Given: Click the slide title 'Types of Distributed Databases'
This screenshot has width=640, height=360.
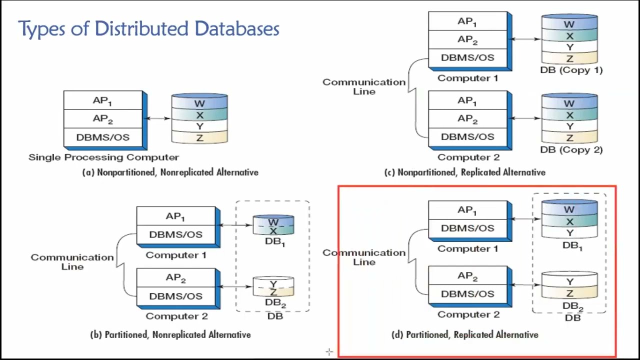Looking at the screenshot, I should tap(148, 29).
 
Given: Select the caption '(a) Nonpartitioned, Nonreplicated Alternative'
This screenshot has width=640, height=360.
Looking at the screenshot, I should tap(170, 172).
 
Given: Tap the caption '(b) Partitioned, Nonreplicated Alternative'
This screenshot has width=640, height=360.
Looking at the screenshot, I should tap(170, 335).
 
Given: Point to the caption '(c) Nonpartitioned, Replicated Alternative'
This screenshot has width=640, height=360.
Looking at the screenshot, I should tap(464, 172).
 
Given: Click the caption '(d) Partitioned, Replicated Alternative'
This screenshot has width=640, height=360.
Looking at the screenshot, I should tap(464, 335).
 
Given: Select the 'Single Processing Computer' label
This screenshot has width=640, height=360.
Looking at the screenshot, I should tap(103, 157).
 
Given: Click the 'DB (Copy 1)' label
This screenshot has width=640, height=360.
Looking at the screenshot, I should tap(571, 70).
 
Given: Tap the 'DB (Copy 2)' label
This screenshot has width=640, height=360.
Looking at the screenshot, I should tap(571, 150).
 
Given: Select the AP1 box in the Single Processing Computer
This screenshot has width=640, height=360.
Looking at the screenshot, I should tap(102, 100).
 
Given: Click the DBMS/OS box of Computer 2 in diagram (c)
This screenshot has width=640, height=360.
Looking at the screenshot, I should tap(467, 137).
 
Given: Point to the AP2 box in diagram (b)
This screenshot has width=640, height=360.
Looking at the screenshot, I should tap(175, 278).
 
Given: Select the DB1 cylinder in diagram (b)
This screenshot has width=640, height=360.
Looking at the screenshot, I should tap(273, 225).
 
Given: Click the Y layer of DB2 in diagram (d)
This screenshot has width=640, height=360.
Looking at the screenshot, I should tap(569, 282).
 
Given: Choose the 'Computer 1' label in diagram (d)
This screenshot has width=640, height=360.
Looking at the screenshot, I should tap(467, 249).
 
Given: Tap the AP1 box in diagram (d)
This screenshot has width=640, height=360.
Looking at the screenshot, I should tap(467, 210).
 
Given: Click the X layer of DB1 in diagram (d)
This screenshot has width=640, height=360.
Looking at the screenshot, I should tap(569, 221).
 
